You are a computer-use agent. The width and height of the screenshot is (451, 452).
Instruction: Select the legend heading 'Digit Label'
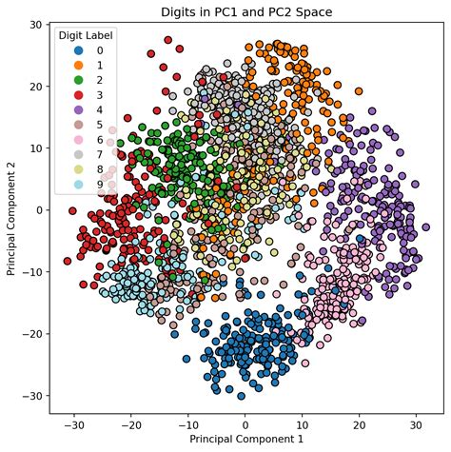pos(86,35)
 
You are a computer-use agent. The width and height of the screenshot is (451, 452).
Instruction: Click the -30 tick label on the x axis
pos(73,424)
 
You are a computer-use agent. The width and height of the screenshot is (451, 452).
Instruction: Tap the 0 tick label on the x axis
pos(245,424)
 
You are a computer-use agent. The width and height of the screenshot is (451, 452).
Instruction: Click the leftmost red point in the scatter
pos(68,261)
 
